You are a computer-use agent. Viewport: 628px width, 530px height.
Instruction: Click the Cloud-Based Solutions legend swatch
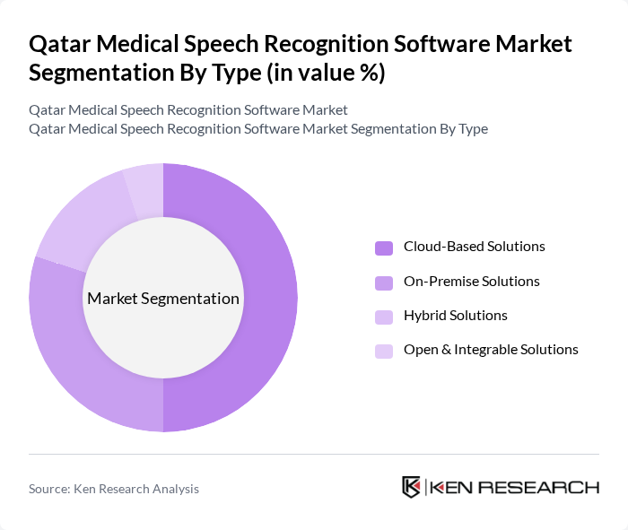[x=384, y=248]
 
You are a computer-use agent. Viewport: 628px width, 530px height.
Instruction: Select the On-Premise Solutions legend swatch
[x=384, y=282]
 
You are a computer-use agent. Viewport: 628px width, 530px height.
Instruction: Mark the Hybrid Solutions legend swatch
[x=384, y=316]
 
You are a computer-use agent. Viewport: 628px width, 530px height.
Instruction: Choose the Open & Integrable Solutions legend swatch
[x=384, y=350]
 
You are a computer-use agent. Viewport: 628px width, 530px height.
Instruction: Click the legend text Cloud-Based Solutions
[x=474, y=247]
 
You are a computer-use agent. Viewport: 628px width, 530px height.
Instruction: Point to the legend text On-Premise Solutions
[x=471, y=281]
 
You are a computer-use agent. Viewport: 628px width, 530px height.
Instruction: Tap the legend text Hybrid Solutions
[x=455, y=315]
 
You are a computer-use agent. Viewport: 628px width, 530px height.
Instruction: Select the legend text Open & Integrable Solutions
[x=491, y=349]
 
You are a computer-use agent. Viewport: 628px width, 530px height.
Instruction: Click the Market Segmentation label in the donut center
[x=163, y=299]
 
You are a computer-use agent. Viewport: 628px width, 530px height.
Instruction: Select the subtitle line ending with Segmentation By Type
[x=258, y=128]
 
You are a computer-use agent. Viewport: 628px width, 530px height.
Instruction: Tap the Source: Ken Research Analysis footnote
[x=114, y=489]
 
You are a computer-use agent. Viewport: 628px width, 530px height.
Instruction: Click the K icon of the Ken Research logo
[x=412, y=487]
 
